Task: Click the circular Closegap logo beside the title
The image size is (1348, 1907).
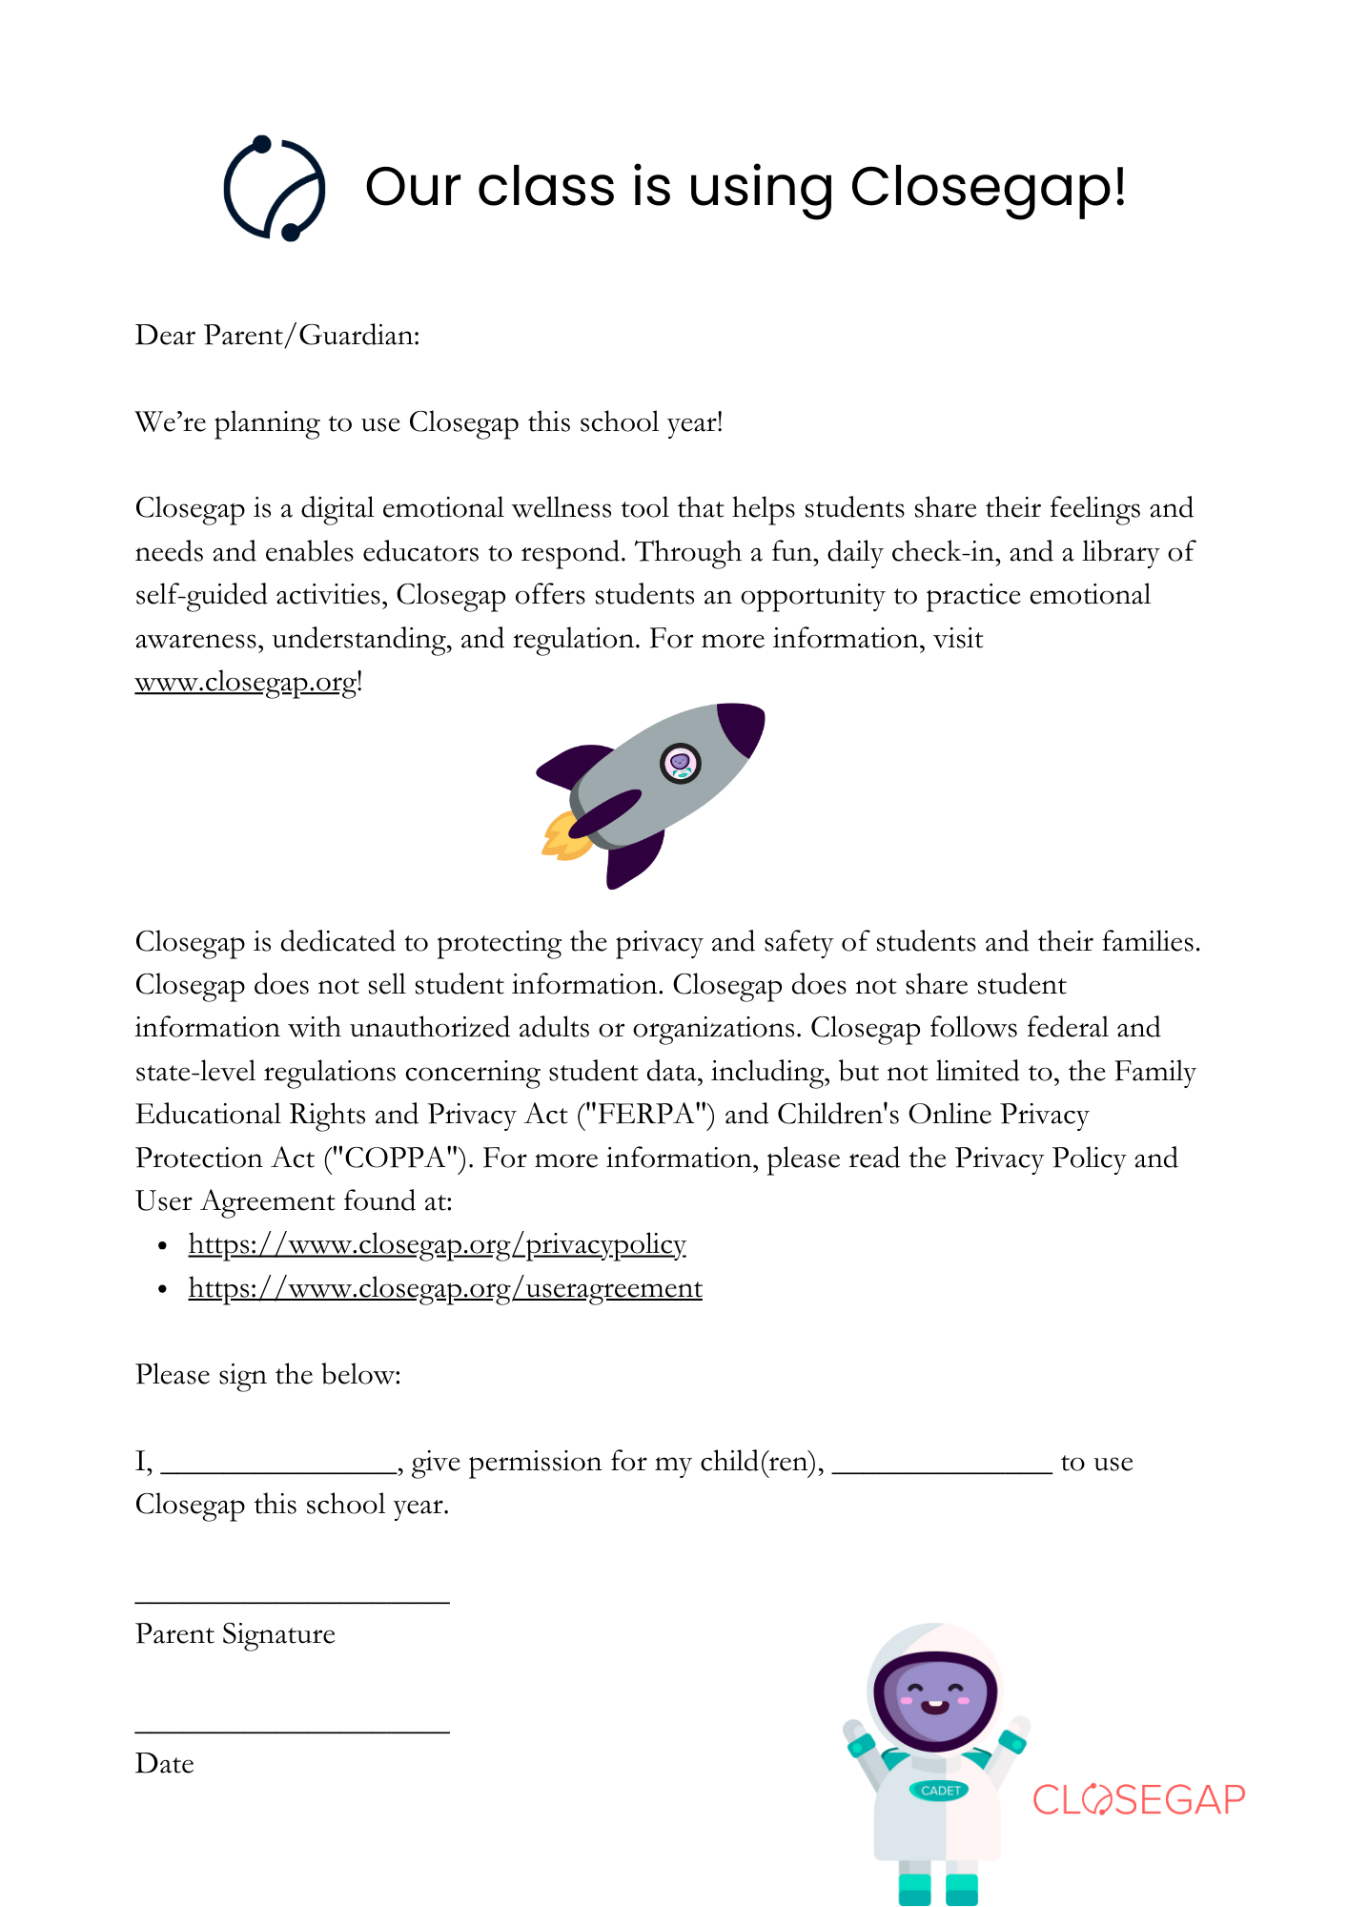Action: click(275, 188)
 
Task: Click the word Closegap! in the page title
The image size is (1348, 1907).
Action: click(988, 187)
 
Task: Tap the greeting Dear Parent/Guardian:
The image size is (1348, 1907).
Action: click(277, 336)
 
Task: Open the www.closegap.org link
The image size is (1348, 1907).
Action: click(246, 683)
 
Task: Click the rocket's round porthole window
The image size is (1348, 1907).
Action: click(681, 763)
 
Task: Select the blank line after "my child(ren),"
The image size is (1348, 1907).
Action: click(942, 1468)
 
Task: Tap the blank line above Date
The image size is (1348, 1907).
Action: click(292, 1728)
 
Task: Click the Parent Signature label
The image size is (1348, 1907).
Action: click(235, 1634)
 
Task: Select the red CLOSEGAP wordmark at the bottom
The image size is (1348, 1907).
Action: click(1139, 1800)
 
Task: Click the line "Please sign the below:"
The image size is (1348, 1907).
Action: click(268, 1375)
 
